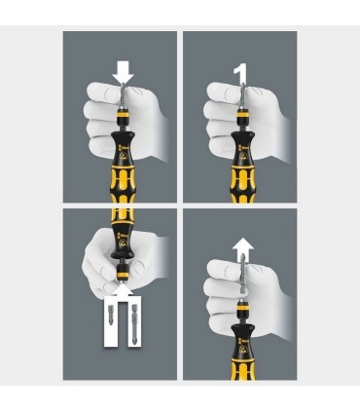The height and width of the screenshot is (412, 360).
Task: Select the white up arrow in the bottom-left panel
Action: [123, 290]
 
